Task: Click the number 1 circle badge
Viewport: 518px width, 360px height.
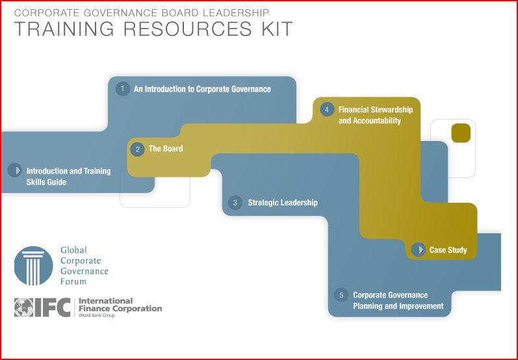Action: click(123, 89)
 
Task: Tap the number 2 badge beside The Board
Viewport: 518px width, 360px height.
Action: click(137, 149)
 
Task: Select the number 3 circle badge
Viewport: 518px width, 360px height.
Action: click(235, 203)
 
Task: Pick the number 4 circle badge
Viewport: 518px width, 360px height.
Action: click(327, 109)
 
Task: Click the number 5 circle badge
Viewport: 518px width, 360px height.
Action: click(341, 295)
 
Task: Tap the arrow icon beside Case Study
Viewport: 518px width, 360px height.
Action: click(418, 250)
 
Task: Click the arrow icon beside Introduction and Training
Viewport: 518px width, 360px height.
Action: click(15, 170)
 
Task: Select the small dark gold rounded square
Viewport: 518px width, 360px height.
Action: click(461, 133)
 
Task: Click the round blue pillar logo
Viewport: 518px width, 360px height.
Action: click(33, 266)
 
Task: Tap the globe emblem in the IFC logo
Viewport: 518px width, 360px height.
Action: click(24, 307)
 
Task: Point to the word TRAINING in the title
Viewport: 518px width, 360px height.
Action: click(64, 29)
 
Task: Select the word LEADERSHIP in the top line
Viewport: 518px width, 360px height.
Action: click(235, 13)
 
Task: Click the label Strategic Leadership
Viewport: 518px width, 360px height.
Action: click(283, 203)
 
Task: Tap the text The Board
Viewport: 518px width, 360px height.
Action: click(166, 149)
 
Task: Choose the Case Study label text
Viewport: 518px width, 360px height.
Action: click(448, 250)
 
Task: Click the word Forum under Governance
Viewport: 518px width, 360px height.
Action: click(73, 282)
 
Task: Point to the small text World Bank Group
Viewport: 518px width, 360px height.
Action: click(96, 315)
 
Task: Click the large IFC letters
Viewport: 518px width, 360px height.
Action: click(53, 307)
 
